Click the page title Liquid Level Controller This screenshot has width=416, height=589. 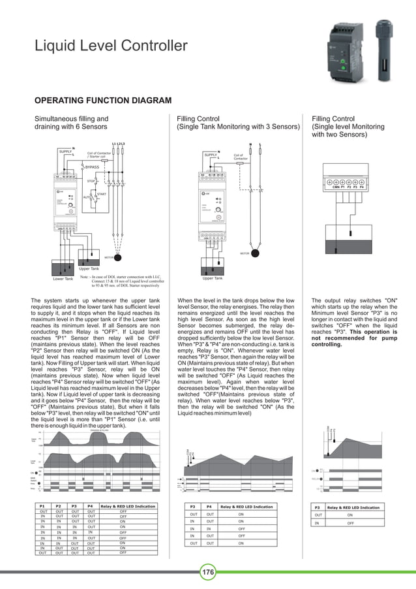click(111, 46)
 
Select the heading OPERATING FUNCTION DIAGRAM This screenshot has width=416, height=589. click(103, 101)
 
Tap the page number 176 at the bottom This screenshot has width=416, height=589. click(208, 573)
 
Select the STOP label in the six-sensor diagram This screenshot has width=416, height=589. click(91, 180)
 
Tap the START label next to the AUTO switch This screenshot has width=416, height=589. click(101, 194)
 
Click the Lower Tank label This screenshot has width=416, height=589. click(63, 279)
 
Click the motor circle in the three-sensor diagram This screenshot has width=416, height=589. click(254, 253)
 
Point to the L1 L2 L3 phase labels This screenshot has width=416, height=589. click(118, 144)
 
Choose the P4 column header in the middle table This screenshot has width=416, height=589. click(209, 506)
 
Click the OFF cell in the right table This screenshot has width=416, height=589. click(350, 523)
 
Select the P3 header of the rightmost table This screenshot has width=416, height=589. click(318, 507)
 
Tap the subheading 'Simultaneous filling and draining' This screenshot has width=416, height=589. click(71, 122)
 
